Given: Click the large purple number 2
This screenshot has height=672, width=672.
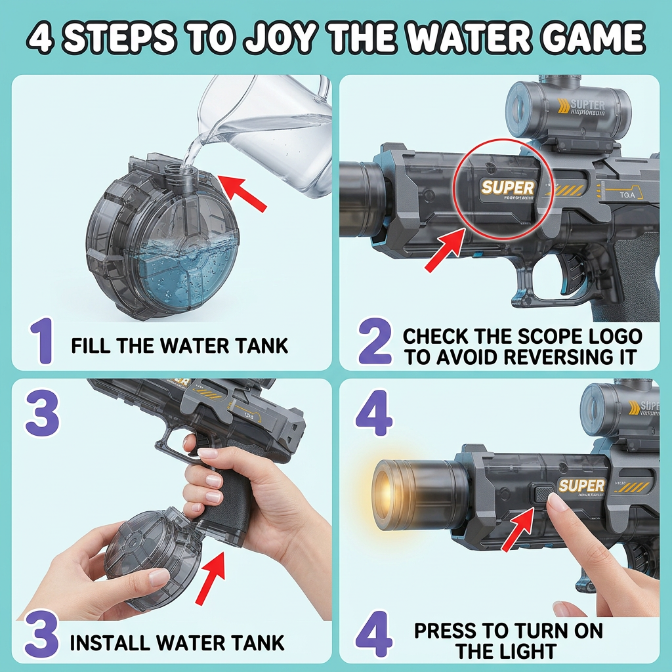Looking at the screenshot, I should (x=376, y=343).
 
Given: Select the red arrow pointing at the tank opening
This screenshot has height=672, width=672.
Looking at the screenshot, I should (x=245, y=190).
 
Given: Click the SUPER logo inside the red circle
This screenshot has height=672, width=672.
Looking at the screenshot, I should (x=508, y=188).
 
